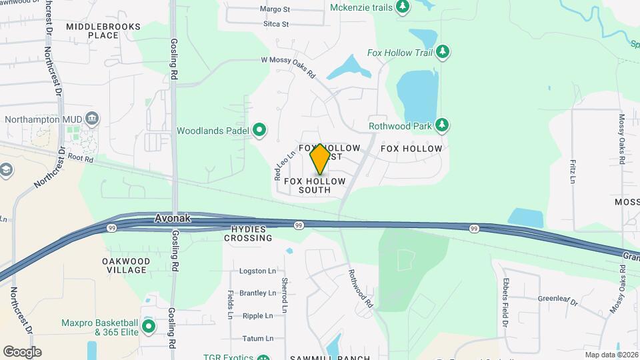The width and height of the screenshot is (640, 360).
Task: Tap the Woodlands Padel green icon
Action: (260, 131)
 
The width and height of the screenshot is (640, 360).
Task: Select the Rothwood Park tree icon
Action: (441, 125)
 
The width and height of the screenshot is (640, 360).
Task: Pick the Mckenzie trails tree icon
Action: (402, 7)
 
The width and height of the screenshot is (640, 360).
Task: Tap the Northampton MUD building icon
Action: (93, 119)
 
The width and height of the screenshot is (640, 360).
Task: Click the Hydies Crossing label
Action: (249, 233)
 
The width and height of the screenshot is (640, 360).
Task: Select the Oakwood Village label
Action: (126, 265)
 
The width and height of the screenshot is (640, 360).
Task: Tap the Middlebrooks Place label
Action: (103, 31)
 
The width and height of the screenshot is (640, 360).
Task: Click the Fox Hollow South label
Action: (315, 185)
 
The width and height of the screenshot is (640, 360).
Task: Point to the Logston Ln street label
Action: (257, 271)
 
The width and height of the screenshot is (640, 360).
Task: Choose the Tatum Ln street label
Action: (259, 339)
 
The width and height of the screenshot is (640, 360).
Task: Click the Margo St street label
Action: (275, 10)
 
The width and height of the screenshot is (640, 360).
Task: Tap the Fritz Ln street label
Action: (572, 171)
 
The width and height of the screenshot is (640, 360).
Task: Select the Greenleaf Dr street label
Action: (558, 301)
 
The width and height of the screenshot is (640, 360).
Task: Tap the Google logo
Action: (22, 352)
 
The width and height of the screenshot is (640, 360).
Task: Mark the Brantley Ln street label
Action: (257, 293)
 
